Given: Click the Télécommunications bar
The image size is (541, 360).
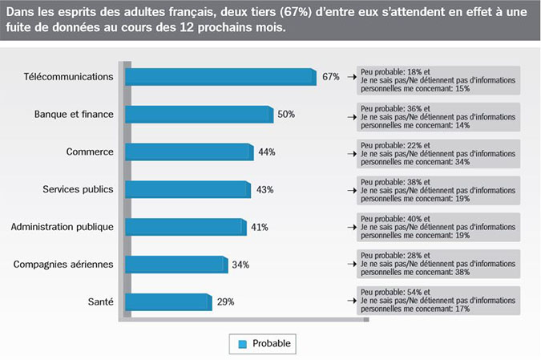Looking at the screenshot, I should click(x=220, y=77).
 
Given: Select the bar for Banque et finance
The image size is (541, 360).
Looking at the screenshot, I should click(x=200, y=115).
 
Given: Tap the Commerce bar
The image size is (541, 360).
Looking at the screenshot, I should click(x=189, y=152).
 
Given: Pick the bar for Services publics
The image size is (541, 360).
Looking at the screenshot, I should click(x=188, y=190).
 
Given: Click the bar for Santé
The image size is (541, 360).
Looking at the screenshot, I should click(x=168, y=302).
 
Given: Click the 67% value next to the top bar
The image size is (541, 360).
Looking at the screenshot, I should click(x=331, y=77).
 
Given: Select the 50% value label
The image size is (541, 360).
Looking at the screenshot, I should click(x=286, y=115).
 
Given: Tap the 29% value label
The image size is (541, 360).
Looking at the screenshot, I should click(x=225, y=302).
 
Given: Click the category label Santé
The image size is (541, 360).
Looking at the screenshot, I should click(x=99, y=301).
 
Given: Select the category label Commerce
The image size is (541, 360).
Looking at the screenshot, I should click(x=90, y=152).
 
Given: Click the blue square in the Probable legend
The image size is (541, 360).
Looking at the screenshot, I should click(x=242, y=343).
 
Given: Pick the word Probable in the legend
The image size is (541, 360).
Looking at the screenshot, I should click(x=272, y=343).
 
